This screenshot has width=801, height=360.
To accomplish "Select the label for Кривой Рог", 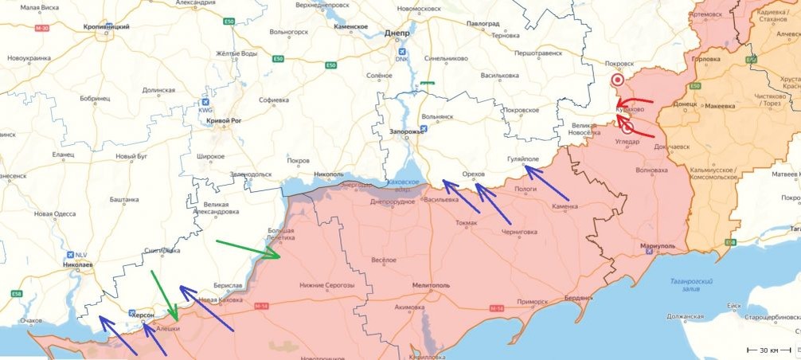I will click(x=223, y=120).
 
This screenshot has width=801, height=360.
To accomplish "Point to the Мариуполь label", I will click(x=657, y=246).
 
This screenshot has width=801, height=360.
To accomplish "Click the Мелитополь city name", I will click(x=432, y=284).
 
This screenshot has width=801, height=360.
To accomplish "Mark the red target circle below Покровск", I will click(x=617, y=80).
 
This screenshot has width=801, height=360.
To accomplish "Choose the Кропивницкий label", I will click(x=107, y=26).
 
